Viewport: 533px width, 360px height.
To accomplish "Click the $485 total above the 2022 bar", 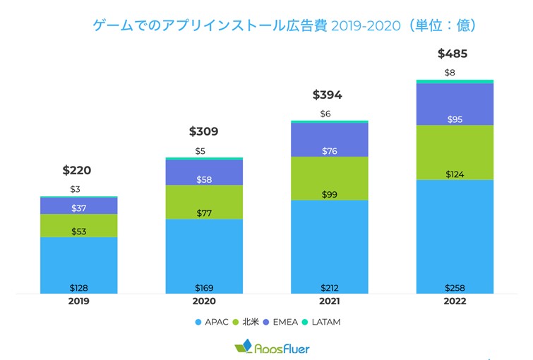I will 453,54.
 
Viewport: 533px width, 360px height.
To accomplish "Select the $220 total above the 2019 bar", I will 77,170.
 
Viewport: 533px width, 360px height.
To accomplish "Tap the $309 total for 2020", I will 203,131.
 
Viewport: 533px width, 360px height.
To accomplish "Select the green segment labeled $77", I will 204,202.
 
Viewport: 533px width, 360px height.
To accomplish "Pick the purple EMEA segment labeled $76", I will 329,140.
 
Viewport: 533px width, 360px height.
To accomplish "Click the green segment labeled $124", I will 455,152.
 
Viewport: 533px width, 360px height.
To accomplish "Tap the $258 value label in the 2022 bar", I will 455,287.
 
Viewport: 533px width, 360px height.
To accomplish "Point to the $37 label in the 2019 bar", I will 79,208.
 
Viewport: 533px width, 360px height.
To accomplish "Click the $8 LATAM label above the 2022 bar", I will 450,73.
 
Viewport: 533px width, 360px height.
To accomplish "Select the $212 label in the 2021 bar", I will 329,287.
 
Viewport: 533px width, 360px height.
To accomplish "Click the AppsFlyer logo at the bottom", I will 271,348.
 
